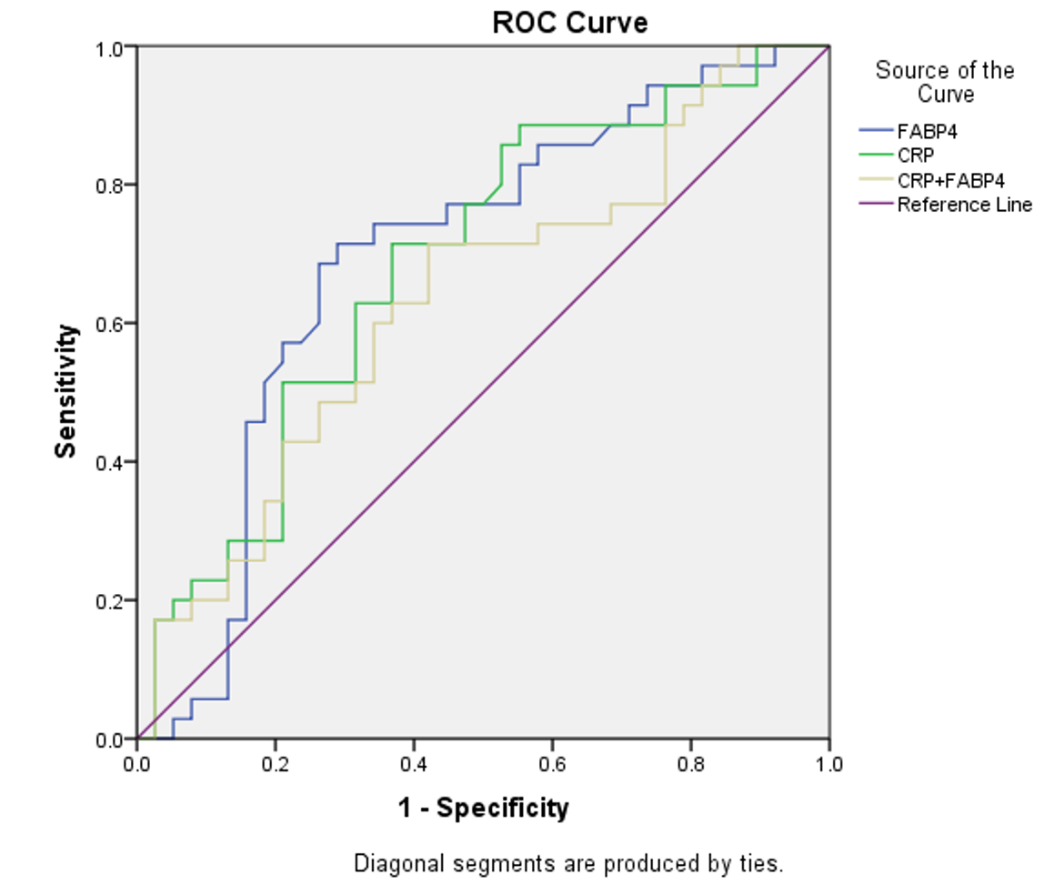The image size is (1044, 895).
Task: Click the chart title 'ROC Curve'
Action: point(570,23)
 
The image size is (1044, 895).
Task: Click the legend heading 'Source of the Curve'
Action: point(945,81)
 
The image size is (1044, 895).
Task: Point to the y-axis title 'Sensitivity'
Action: point(65,391)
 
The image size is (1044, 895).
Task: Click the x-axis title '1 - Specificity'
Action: point(484,809)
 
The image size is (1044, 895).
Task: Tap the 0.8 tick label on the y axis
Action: point(110,186)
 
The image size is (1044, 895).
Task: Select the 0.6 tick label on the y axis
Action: point(110,325)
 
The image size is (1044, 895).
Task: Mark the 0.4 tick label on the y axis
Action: point(110,463)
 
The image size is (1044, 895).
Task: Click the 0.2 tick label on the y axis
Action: point(110,601)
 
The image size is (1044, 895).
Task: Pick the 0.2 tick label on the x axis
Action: point(275,764)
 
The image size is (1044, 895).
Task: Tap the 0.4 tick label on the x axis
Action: point(414,764)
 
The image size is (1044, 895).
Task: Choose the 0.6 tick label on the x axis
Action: point(552,764)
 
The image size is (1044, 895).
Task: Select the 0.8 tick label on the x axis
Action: point(690,764)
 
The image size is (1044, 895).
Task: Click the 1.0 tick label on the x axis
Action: point(829,764)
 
